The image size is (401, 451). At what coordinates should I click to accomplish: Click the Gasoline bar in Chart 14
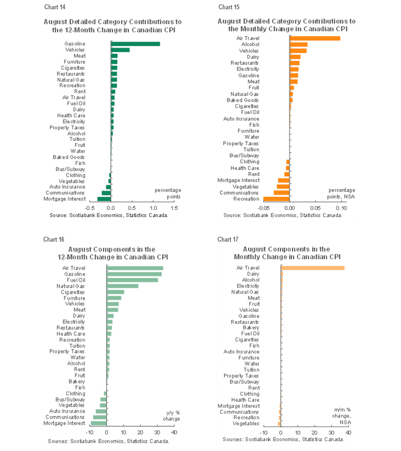135,44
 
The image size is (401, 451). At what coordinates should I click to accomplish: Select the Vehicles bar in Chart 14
120,50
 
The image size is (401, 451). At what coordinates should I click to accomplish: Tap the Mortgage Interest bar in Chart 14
104,199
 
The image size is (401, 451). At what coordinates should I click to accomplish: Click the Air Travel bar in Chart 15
314,38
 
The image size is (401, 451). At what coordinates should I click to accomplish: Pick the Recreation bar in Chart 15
276,199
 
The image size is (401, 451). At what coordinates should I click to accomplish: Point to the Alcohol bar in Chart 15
298,44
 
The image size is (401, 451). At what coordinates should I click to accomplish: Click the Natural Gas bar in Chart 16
123,286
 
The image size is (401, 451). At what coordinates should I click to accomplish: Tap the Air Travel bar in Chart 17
313,268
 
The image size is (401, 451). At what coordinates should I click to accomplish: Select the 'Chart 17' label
225,239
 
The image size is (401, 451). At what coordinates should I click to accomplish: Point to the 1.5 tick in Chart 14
174,209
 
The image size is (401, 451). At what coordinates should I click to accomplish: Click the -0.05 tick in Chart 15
263,208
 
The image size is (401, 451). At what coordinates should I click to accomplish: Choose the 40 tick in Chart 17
348,432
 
